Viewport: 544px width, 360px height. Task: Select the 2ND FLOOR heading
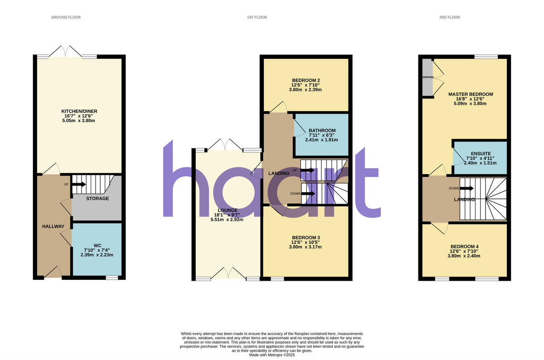[x=449, y=17]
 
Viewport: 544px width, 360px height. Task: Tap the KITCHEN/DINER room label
[x=79, y=111]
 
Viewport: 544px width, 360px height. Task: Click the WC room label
[x=97, y=245]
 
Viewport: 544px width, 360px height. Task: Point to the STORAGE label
[x=97, y=199]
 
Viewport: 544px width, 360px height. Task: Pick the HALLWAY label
[x=53, y=226]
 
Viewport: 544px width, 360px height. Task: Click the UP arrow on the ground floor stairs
[x=79, y=184]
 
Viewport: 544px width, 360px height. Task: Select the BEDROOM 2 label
[x=306, y=80]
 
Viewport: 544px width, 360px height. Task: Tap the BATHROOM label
[x=322, y=131]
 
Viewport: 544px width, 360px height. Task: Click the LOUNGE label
[x=228, y=210]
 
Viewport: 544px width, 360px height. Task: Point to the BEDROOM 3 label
[x=306, y=238]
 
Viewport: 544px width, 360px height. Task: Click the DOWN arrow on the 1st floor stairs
[x=309, y=194]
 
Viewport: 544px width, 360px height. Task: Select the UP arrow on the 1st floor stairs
[x=307, y=170]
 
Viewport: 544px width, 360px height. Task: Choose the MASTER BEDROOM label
[x=471, y=94]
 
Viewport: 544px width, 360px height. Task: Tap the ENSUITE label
[x=480, y=154]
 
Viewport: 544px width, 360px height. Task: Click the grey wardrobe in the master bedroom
[x=427, y=77]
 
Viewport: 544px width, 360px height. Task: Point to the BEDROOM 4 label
[x=464, y=247]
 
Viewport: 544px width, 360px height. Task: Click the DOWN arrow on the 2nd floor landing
[x=466, y=188]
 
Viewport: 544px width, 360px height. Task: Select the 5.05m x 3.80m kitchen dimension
[x=79, y=121]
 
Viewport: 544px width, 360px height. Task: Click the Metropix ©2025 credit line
[x=272, y=355]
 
